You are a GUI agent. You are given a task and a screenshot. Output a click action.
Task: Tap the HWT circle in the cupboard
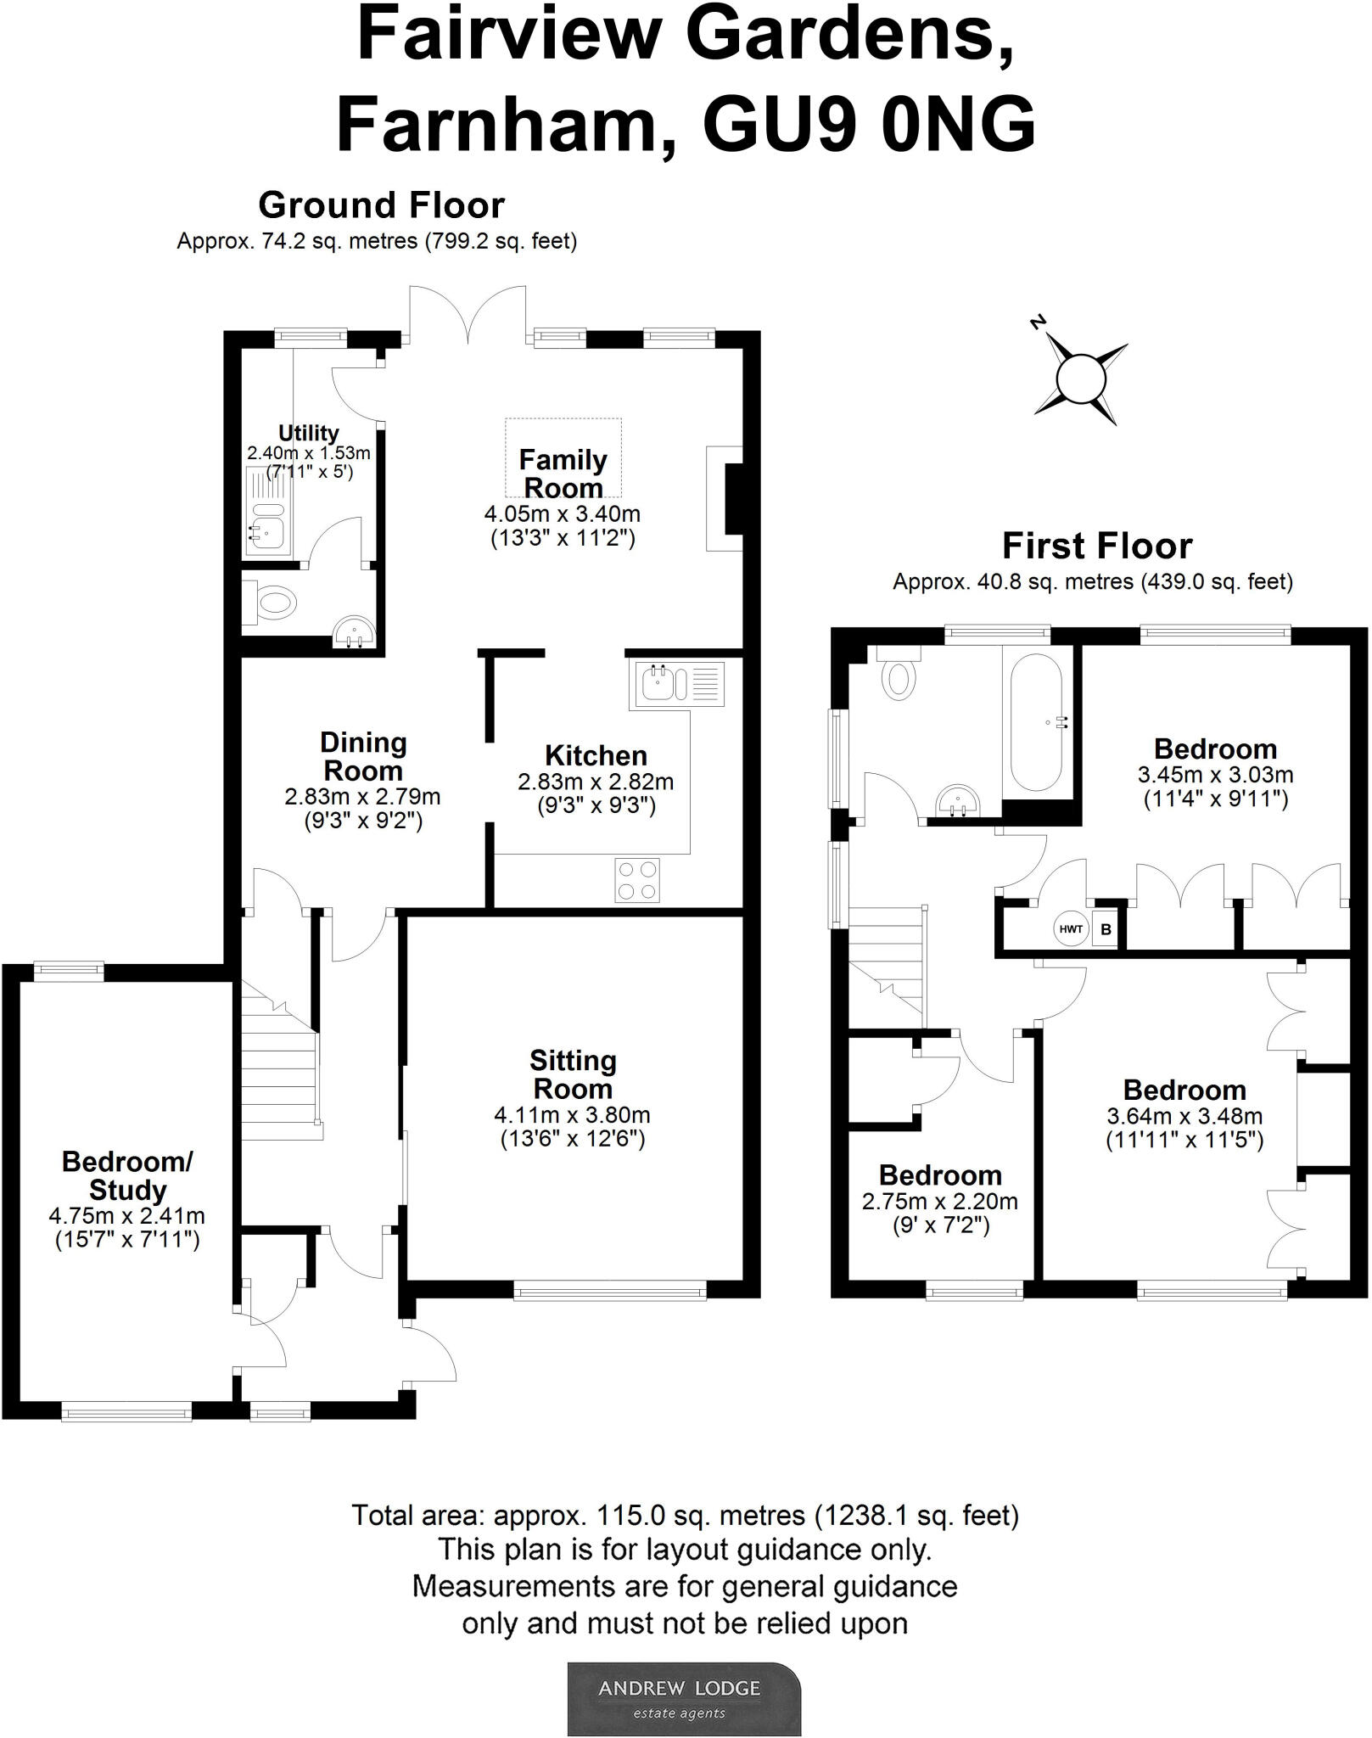pos(1071,929)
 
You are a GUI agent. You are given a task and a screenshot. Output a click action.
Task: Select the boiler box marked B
pos(1105,929)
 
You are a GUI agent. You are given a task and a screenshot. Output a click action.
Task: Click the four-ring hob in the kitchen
pos(637,880)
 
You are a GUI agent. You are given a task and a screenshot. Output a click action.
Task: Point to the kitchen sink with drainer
pos(677,684)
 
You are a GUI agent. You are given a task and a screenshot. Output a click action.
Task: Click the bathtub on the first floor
pos(1036,721)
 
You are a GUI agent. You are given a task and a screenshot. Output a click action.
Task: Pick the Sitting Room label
pos(573,1074)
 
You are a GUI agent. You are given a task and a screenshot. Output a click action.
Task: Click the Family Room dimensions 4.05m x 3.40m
pos(563,513)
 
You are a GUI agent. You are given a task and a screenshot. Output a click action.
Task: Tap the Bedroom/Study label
pos(127,1175)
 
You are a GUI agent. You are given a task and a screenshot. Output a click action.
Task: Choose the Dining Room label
pos(363,757)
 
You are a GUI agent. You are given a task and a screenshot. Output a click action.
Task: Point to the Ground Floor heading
pos(381,205)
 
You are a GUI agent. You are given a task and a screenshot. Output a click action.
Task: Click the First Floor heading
pos(1097,546)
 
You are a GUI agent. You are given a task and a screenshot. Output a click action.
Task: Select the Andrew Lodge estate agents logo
pos(684,1698)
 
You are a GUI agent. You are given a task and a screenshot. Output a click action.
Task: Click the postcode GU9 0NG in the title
pos(870,125)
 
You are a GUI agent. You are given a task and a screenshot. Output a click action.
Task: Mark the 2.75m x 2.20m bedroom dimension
pos(940,1202)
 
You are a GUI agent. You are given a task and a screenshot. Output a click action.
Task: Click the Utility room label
pos(309,433)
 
